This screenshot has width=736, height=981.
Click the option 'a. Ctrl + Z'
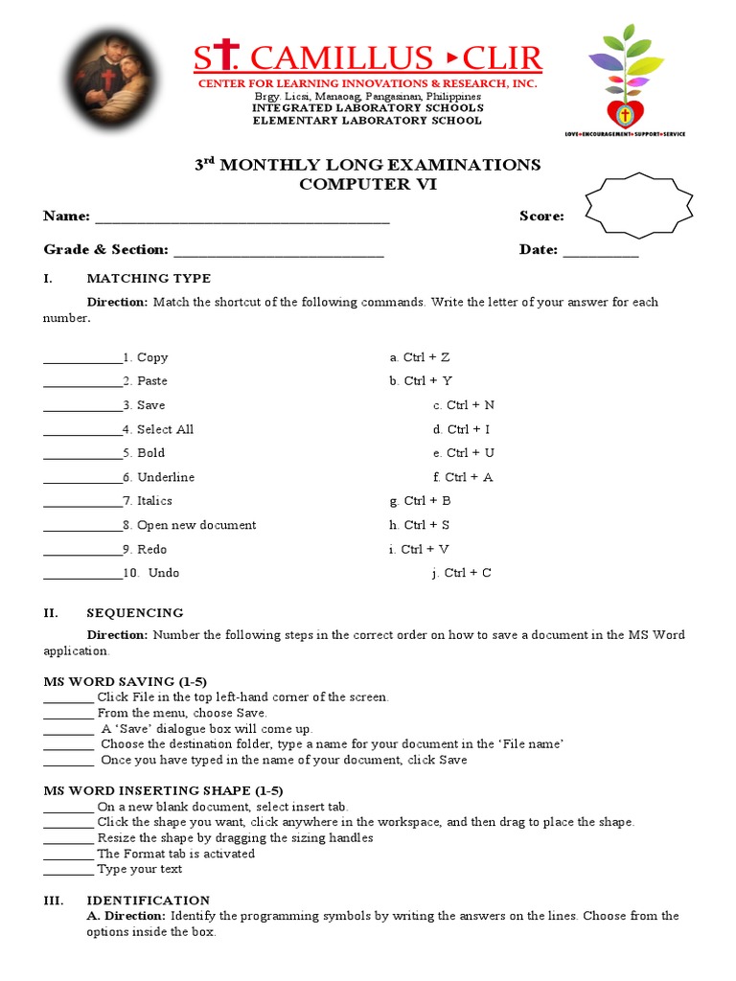point(420,357)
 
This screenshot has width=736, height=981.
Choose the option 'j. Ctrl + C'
point(462,573)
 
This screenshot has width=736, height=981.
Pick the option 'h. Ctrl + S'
point(420,525)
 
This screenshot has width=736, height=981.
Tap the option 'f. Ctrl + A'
point(462,477)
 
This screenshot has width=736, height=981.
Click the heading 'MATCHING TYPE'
point(149,279)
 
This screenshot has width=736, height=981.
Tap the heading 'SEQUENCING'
point(135,613)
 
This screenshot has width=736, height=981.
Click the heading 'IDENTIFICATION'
point(149,901)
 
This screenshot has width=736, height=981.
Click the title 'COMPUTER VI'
point(368,185)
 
